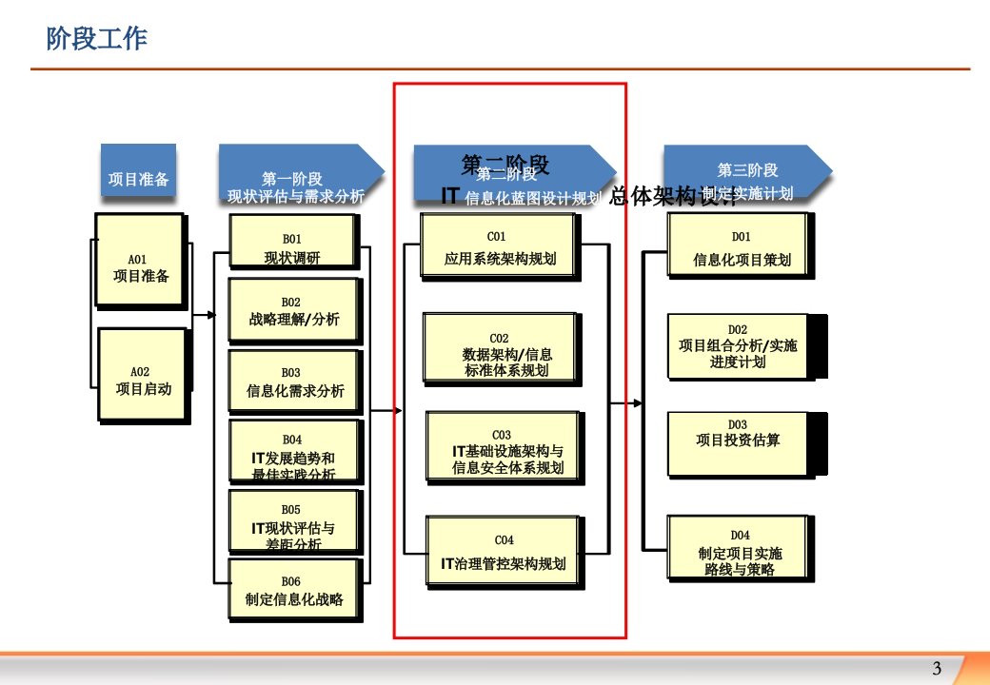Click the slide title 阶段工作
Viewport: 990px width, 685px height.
coord(96,39)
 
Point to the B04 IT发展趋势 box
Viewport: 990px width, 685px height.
coord(293,453)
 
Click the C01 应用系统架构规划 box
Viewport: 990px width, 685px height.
coord(499,246)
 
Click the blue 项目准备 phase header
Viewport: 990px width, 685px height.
coord(138,171)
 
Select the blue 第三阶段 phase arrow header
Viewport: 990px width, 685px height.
coord(746,171)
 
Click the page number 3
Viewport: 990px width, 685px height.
coord(937,667)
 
